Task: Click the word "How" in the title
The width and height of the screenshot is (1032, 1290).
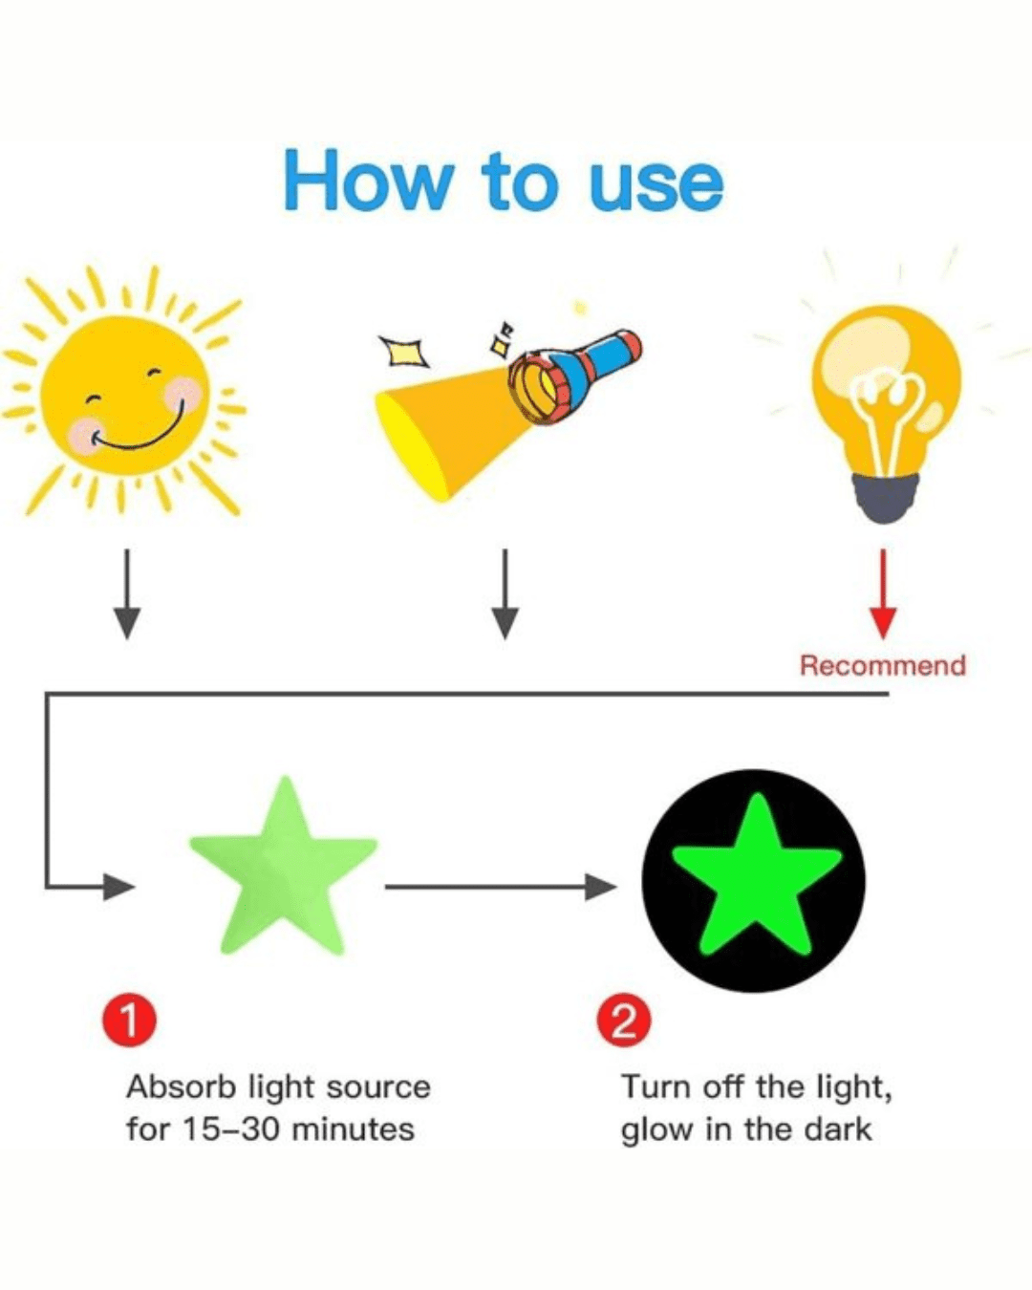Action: click(368, 180)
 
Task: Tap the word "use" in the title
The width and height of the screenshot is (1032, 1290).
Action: click(656, 185)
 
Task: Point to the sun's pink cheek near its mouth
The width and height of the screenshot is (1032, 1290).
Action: click(88, 435)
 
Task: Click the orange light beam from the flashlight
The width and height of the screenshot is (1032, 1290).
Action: click(443, 429)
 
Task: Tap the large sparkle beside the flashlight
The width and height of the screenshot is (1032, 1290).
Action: click(403, 352)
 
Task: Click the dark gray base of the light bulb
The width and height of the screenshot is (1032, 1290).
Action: click(887, 498)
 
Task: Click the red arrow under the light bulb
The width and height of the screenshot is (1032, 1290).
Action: click(883, 593)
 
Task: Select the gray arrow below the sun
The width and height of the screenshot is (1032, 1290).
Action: click(127, 593)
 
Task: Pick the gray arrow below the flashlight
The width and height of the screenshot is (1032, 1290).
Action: click(505, 593)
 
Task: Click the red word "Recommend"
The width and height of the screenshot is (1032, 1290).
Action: click(883, 666)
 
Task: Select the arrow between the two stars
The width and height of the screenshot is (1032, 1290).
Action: click(501, 887)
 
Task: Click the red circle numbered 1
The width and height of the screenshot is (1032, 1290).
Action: click(129, 1021)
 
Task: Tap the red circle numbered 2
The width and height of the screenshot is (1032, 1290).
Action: click(624, 1021)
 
